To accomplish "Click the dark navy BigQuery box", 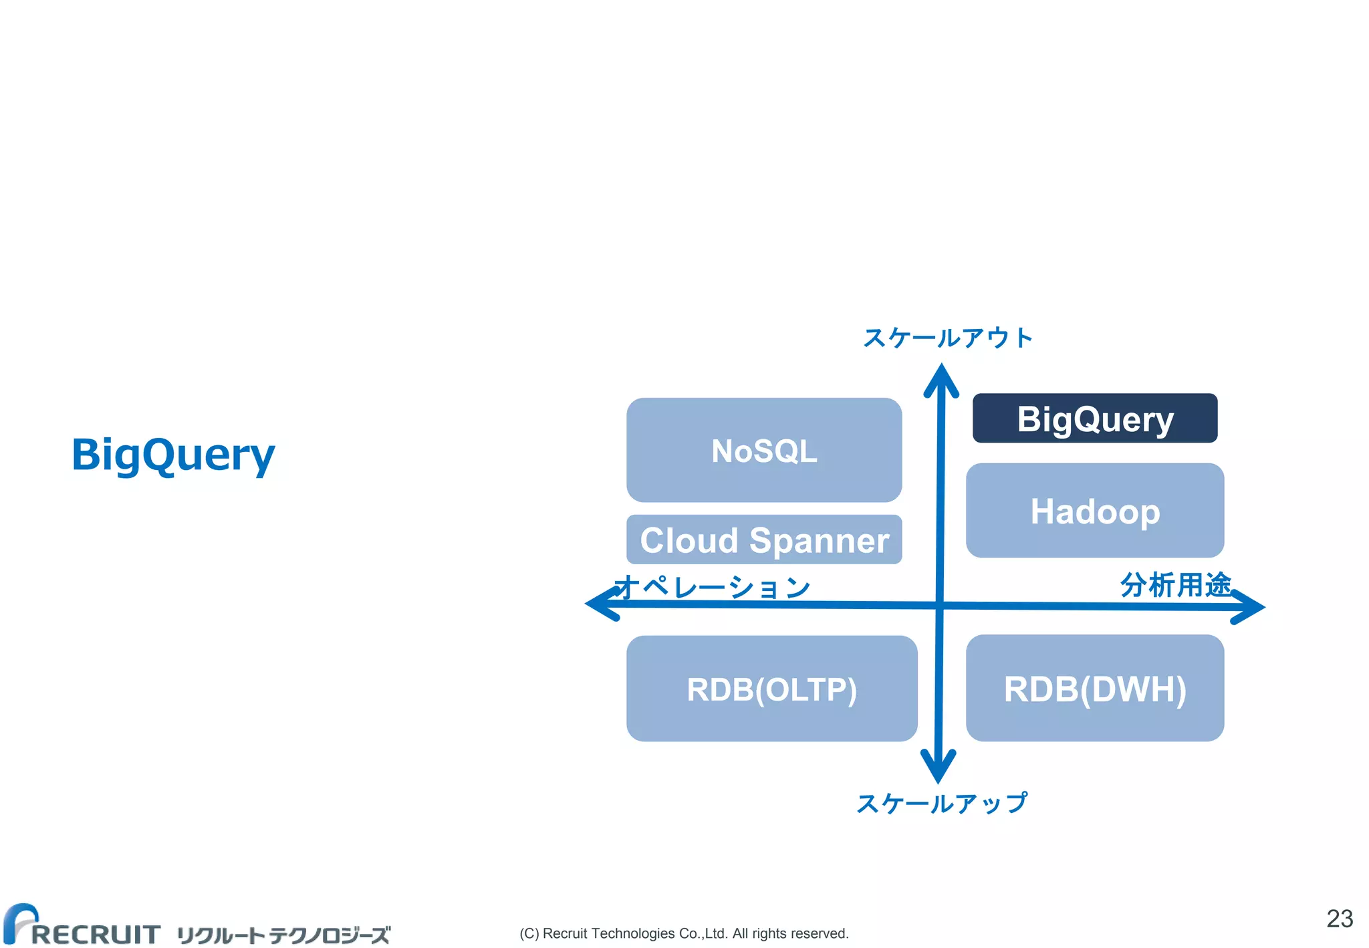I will pos(1094,419).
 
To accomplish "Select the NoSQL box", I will pos(763,450).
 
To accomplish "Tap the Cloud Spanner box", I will pos(763,540).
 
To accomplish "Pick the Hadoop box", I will pos(1094,511).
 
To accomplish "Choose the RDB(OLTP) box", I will pos(771,689).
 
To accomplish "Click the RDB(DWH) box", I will pos(1094,689).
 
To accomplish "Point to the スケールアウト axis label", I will pos(948,338).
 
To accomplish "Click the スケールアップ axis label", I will pos(942,803).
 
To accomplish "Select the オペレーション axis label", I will pos(713,588).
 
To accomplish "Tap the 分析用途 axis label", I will pos(1175,585).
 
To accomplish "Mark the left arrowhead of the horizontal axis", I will pos(599,604).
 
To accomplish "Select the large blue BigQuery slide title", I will pos(173,455).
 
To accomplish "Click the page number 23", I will pos(1339,919).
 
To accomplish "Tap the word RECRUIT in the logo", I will pos(95,934).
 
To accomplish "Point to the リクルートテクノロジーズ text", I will pos(283,935).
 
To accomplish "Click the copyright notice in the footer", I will pos(684,933).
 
